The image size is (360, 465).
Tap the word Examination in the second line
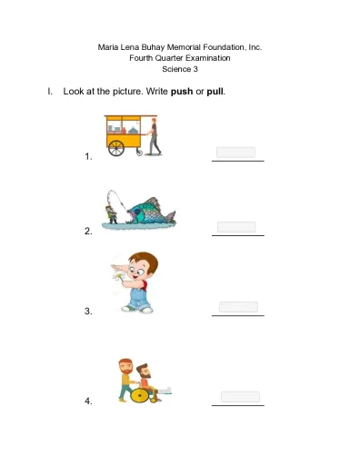pos(208,58)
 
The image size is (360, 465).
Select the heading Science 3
pos(180,69)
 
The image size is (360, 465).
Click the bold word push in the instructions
pos(182,92)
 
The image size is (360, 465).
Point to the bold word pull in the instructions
pos(215,92)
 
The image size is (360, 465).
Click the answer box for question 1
pos(235,153)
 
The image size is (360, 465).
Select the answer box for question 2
pos(236,227)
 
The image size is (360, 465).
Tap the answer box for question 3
pos(238,307)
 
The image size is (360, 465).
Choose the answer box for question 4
pos(240,397)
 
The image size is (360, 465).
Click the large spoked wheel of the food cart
pos(116,148)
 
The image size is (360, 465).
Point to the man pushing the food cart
pos(154,136)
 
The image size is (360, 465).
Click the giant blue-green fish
pos(152,211)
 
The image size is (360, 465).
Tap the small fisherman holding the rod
pos(111,214)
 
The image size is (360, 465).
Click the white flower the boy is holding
pos(118,276)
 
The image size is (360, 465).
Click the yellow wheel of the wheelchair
pos(140,395)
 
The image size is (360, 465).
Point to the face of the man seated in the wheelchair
pos(145,371)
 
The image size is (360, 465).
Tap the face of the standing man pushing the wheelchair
pos(126,367)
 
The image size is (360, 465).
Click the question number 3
pos(88,312)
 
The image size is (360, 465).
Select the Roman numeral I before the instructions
pos(50,91)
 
